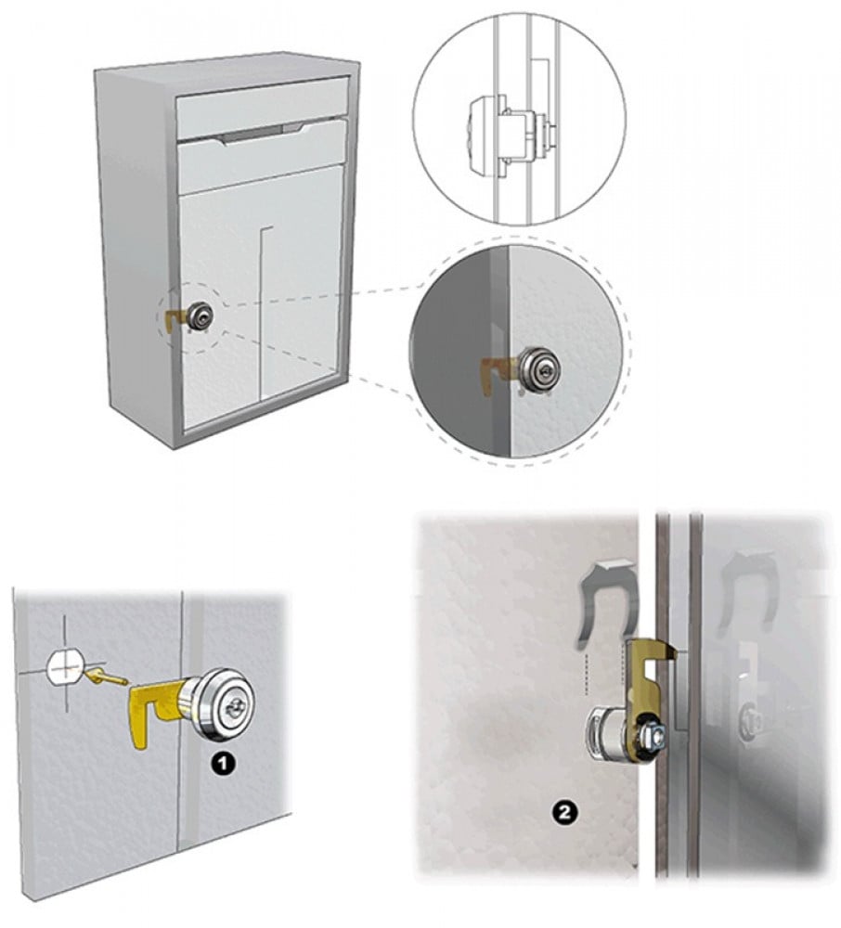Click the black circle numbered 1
[223, 763]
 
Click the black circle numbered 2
[564, 812]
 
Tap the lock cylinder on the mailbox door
[199, 316]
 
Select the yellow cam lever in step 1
[154, 709]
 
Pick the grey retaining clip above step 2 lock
[606, 601]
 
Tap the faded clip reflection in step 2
[745, 585]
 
